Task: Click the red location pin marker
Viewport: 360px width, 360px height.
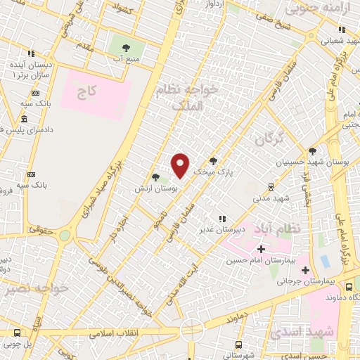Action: click(181, 165)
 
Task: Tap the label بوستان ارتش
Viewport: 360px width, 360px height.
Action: click(159, 189)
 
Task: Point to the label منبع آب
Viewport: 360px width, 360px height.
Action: click(129, 60)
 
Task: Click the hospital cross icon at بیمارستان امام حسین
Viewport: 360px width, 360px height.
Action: click(261, 249)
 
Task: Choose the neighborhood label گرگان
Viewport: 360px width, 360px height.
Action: click(269, 138)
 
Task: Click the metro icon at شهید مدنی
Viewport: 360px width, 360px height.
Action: click(271, 186)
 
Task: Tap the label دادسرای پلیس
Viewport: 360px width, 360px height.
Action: click(26, 130)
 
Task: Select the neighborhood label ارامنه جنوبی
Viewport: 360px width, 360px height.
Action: click(311, 8)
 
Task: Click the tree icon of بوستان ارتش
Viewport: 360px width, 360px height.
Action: click(155, 177)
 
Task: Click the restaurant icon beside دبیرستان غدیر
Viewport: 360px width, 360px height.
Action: click(223, 219)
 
